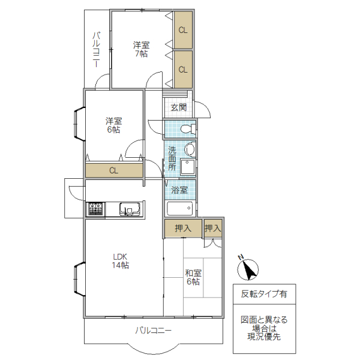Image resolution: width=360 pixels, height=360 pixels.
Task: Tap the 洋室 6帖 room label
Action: click(113, 125)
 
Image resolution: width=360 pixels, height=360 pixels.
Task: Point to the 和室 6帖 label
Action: click(193, 277)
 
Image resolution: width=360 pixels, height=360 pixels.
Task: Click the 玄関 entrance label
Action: click(178, 107)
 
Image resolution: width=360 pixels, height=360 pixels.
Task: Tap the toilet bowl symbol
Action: click(187, 128)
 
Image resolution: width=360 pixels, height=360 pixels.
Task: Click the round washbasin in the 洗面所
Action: click(190, 149)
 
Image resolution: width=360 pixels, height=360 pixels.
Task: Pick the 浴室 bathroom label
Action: click(179, 190)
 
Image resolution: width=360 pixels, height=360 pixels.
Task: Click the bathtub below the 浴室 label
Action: click(181, 209)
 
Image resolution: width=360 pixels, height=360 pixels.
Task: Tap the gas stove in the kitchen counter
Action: click(95, 209)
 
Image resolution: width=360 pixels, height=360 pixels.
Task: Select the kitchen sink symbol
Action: click(130, 209)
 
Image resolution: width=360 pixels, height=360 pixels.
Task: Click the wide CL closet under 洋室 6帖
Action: click(114, 170)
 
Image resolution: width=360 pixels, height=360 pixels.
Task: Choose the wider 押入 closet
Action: click(182, 228)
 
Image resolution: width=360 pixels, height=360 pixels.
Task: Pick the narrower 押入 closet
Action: click(212, 228)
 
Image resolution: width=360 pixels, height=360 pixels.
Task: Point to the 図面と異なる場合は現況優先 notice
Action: click(264, 328)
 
